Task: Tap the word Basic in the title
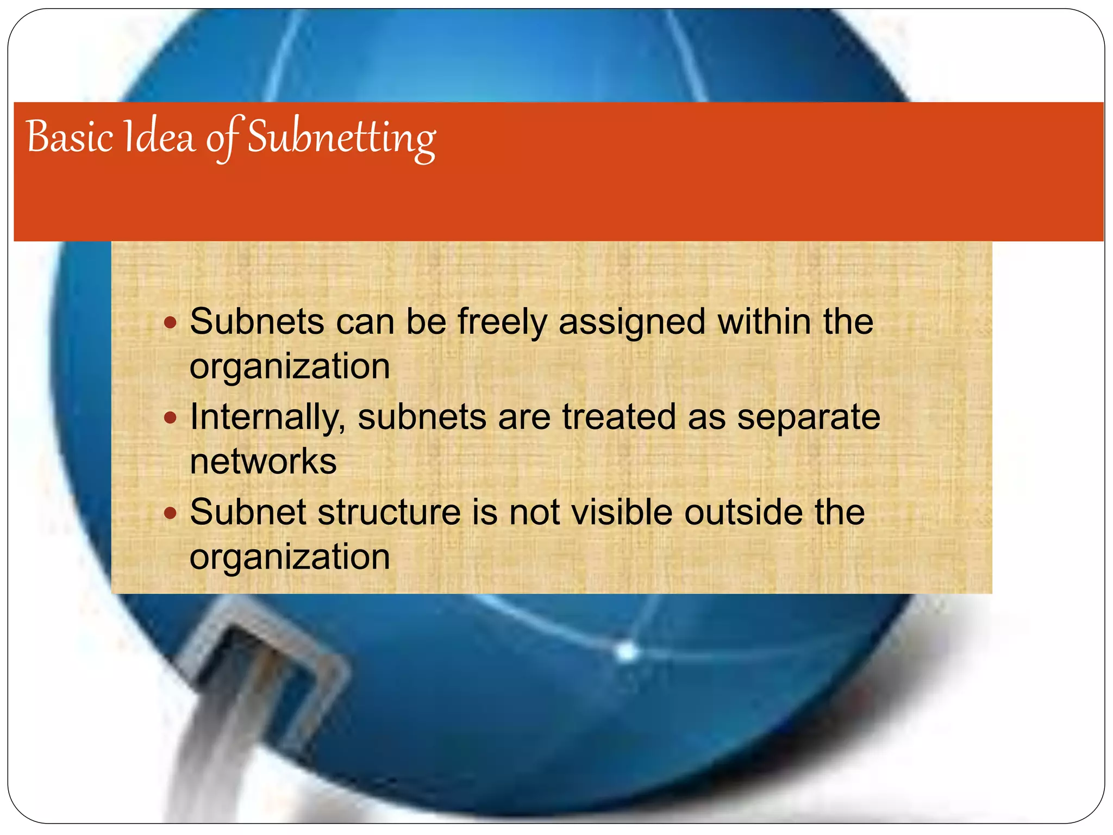[x=70, y=137]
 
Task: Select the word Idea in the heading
[x=159, y=137]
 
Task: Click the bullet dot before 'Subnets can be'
[x=171, y=323]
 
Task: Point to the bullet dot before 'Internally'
[x=171, y=418]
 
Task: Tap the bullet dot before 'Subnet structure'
[x=171, y=513]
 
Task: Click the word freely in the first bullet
[x=502, y=322]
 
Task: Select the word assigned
[x=632, y=322]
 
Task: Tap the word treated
[x=620, y=417]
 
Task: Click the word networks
[x=263, y=462]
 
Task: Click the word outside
[x=743, y=512]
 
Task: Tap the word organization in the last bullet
[x=290, y=557]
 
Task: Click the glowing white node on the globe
[x=627, y=651]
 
